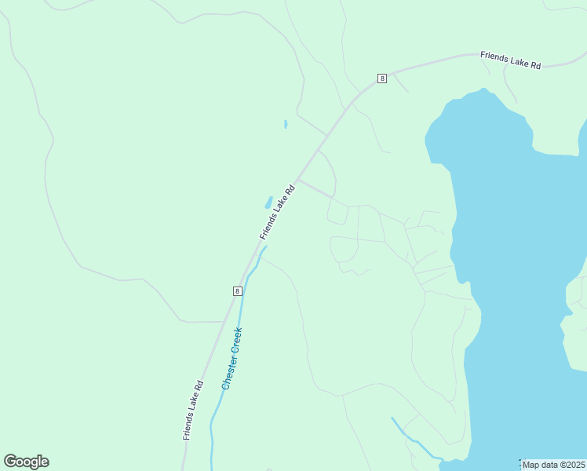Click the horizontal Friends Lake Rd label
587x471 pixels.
511,60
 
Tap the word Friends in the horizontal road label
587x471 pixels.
494,57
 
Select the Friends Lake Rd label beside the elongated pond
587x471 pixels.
278,211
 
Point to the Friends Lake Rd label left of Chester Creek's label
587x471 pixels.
193,409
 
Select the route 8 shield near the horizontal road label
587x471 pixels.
381,78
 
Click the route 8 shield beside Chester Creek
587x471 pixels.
237,290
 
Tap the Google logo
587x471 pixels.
26,462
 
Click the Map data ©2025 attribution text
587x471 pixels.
553,465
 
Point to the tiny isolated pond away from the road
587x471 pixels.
285,124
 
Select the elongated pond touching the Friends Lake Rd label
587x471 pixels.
268,203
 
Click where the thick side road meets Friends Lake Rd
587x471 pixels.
297,180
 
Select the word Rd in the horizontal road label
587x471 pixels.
535,65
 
